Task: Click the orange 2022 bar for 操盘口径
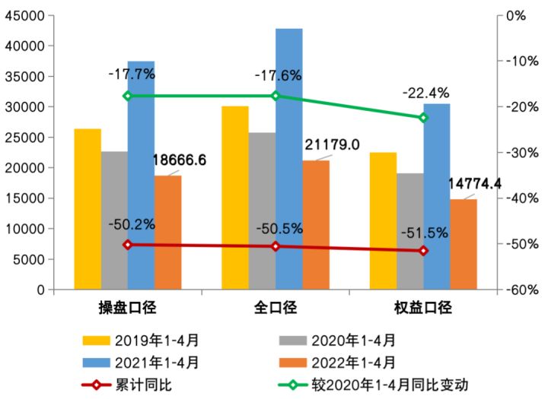[x=168, y=233]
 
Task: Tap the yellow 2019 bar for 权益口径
[x=383, y=221]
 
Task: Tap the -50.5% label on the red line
[x=280, y=228]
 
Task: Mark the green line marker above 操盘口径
[x=127, y=96]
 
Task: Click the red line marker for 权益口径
[x=424, y=251]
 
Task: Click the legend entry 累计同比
[x=151, y=385]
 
